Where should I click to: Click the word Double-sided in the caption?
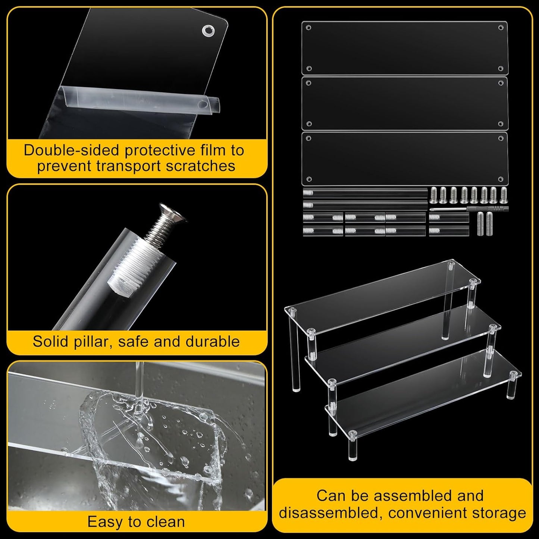pos(72,150)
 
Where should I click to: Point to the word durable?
pos(213,341)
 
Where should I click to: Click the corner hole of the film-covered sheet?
pos(207,30)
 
